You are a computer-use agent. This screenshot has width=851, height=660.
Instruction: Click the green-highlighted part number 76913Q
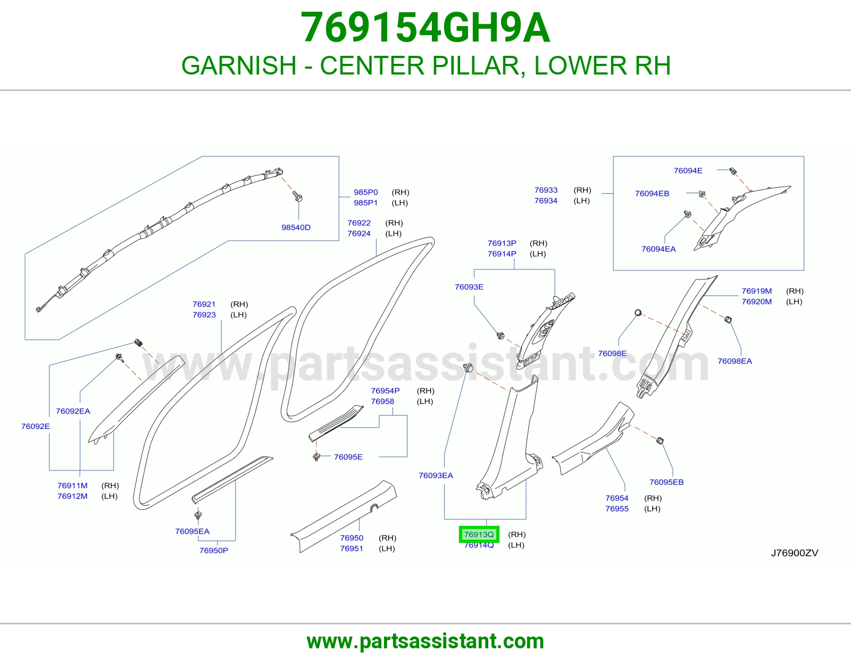[479, 534]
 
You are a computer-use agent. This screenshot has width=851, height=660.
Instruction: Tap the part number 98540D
[296, 227]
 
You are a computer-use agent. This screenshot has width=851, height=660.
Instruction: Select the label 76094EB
[652, 193]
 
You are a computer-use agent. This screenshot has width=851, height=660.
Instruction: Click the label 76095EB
[666, 482]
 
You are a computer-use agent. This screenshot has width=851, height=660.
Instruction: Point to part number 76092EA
[73, 411]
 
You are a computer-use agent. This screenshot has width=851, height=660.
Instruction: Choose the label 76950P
[213, 550]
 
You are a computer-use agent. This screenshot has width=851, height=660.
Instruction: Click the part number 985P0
[366, 192]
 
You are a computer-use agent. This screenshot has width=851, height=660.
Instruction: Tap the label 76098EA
[735, 361]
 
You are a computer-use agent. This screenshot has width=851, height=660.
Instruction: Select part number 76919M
[757, 291]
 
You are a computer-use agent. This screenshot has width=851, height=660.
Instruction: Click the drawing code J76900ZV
[795, 552]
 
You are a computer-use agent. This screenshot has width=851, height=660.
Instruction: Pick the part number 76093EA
[436, 475]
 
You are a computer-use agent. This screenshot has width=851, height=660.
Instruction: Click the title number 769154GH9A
[425, 27]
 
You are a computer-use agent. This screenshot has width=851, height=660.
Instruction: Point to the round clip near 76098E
[638, 313]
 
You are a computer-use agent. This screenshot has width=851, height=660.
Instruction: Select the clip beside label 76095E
[317, 457]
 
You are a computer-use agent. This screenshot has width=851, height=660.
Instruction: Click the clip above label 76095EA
[198, 515]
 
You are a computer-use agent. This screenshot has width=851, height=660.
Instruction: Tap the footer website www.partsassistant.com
[425, 641]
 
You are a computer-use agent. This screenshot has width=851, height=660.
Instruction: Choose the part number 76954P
[386, 391]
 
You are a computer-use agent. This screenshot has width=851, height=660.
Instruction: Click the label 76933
[546, 190]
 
